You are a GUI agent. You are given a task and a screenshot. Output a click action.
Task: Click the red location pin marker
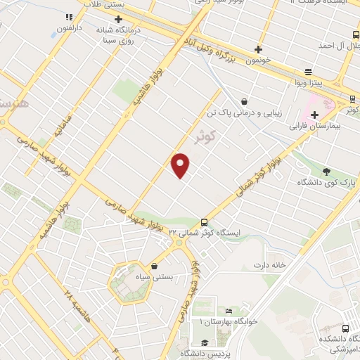click(x=181, y=165)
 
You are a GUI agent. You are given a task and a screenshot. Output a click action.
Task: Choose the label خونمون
click(x=258, y=61)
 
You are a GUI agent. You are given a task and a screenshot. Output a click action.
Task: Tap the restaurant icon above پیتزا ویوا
click(x=308, y=72)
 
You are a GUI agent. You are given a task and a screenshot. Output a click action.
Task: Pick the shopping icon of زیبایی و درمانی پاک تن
click(x=243, y=101)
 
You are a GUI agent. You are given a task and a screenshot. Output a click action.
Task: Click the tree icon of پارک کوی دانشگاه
click(x=326, y=171)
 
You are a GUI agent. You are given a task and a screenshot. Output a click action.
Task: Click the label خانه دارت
click(x=272, y=265)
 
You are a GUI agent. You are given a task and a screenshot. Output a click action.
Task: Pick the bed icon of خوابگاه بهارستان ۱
click(x=228, y=310)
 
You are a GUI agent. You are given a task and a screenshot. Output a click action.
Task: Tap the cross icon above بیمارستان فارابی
click(x=314, y=115)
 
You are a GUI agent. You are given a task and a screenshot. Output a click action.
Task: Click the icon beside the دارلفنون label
click(x=69, y=18)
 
